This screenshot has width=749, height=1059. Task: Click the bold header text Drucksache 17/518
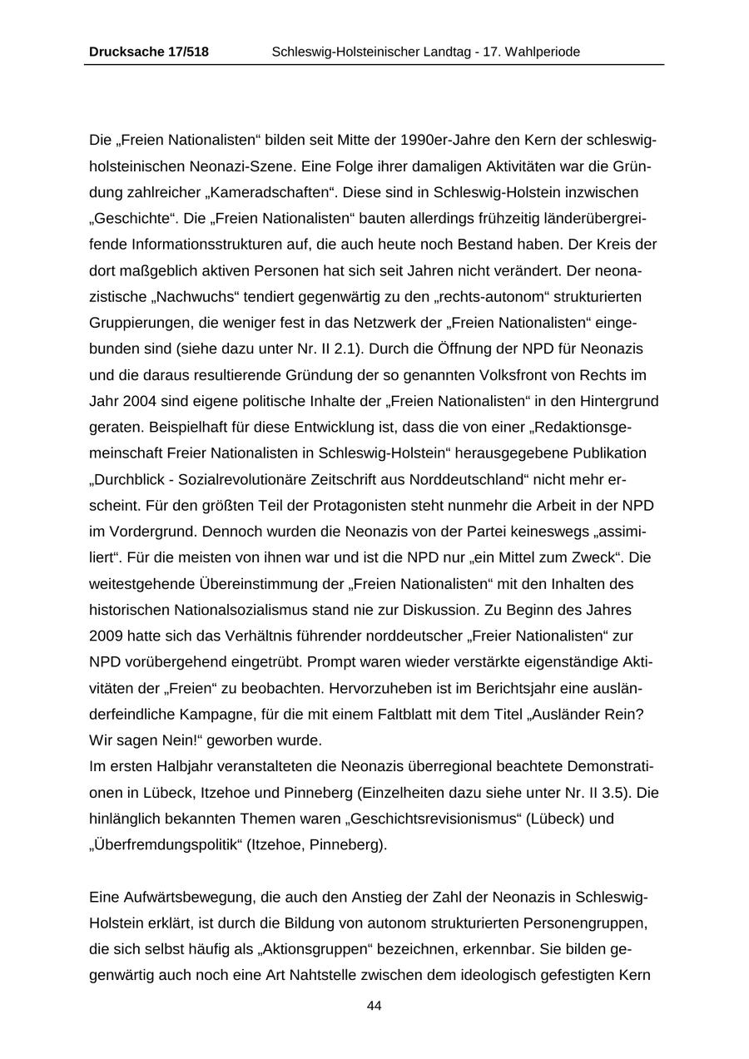pos(148,52)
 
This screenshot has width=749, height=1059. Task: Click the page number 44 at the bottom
pos(374,1006)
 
